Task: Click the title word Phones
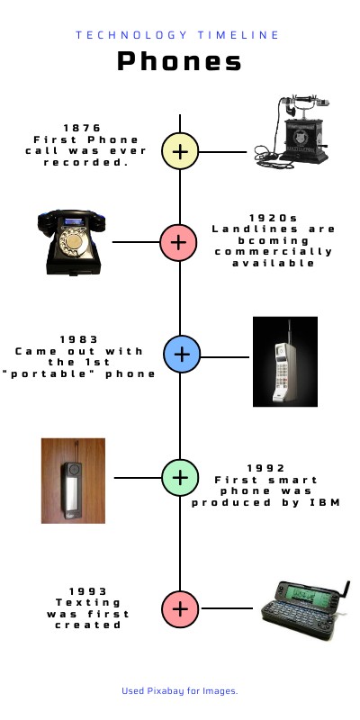[179, 61]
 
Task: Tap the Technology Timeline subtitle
[177, 35]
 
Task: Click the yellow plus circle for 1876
[180, 151]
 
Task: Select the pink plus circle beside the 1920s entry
[179, 241]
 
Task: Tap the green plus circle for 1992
[180, 476]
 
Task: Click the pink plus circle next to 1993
[180, 608]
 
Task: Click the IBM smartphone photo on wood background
[73, 481]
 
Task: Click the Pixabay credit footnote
[179, 690]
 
